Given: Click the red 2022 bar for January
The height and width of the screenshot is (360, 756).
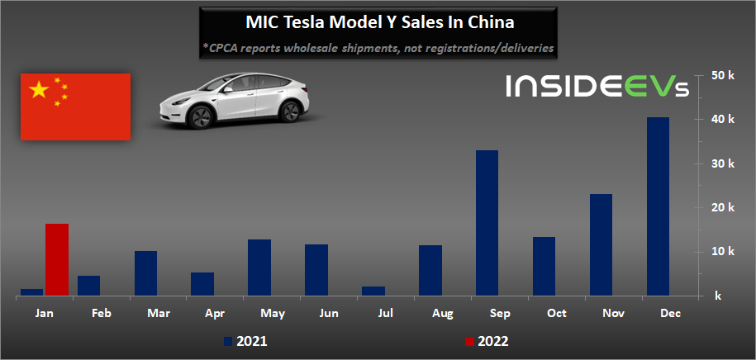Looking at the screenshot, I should tap(57, 259).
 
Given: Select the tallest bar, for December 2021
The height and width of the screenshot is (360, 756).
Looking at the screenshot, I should tap(658, 206).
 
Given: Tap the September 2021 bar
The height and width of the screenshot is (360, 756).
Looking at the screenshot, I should tap(487, 222).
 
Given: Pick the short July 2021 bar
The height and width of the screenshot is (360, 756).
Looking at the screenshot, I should tap(373, 291).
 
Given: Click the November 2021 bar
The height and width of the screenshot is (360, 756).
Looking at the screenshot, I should tap(601, 244).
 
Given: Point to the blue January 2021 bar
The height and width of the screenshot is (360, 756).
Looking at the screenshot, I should tap(31, 291).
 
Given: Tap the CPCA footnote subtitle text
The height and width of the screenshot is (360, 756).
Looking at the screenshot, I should tap(378, 49).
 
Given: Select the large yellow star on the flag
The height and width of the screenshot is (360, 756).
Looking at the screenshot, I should tap(39, 90).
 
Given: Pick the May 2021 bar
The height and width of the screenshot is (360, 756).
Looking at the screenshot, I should tap(259, 267).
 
